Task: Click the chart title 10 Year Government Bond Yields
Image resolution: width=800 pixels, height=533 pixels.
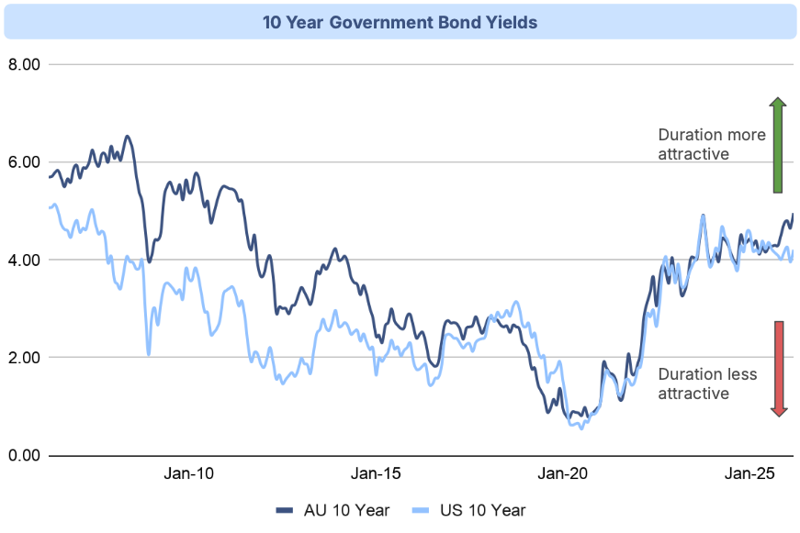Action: click(400, 22)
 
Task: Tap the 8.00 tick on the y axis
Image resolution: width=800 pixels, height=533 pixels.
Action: click(24, 65)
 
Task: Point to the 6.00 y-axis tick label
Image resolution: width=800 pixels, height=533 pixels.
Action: click(24, 162)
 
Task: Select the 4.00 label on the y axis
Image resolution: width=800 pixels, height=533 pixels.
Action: click(24, 260)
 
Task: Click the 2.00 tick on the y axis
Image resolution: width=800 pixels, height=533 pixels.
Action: click(24, 357)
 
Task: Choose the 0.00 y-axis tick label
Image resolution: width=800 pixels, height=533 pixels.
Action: click(24, 455)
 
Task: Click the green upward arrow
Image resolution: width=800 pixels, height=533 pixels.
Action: click(776, 144)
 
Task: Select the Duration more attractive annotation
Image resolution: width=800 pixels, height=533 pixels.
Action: click(712, 144)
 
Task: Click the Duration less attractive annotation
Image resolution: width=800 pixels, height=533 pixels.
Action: click(706, 383)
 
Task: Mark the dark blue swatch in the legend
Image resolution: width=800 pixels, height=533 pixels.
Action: click(284, 510)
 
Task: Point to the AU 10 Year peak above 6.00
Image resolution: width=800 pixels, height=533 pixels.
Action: click(128, 137)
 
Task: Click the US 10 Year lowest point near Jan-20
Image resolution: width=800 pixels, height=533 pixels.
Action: click(580, 428)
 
